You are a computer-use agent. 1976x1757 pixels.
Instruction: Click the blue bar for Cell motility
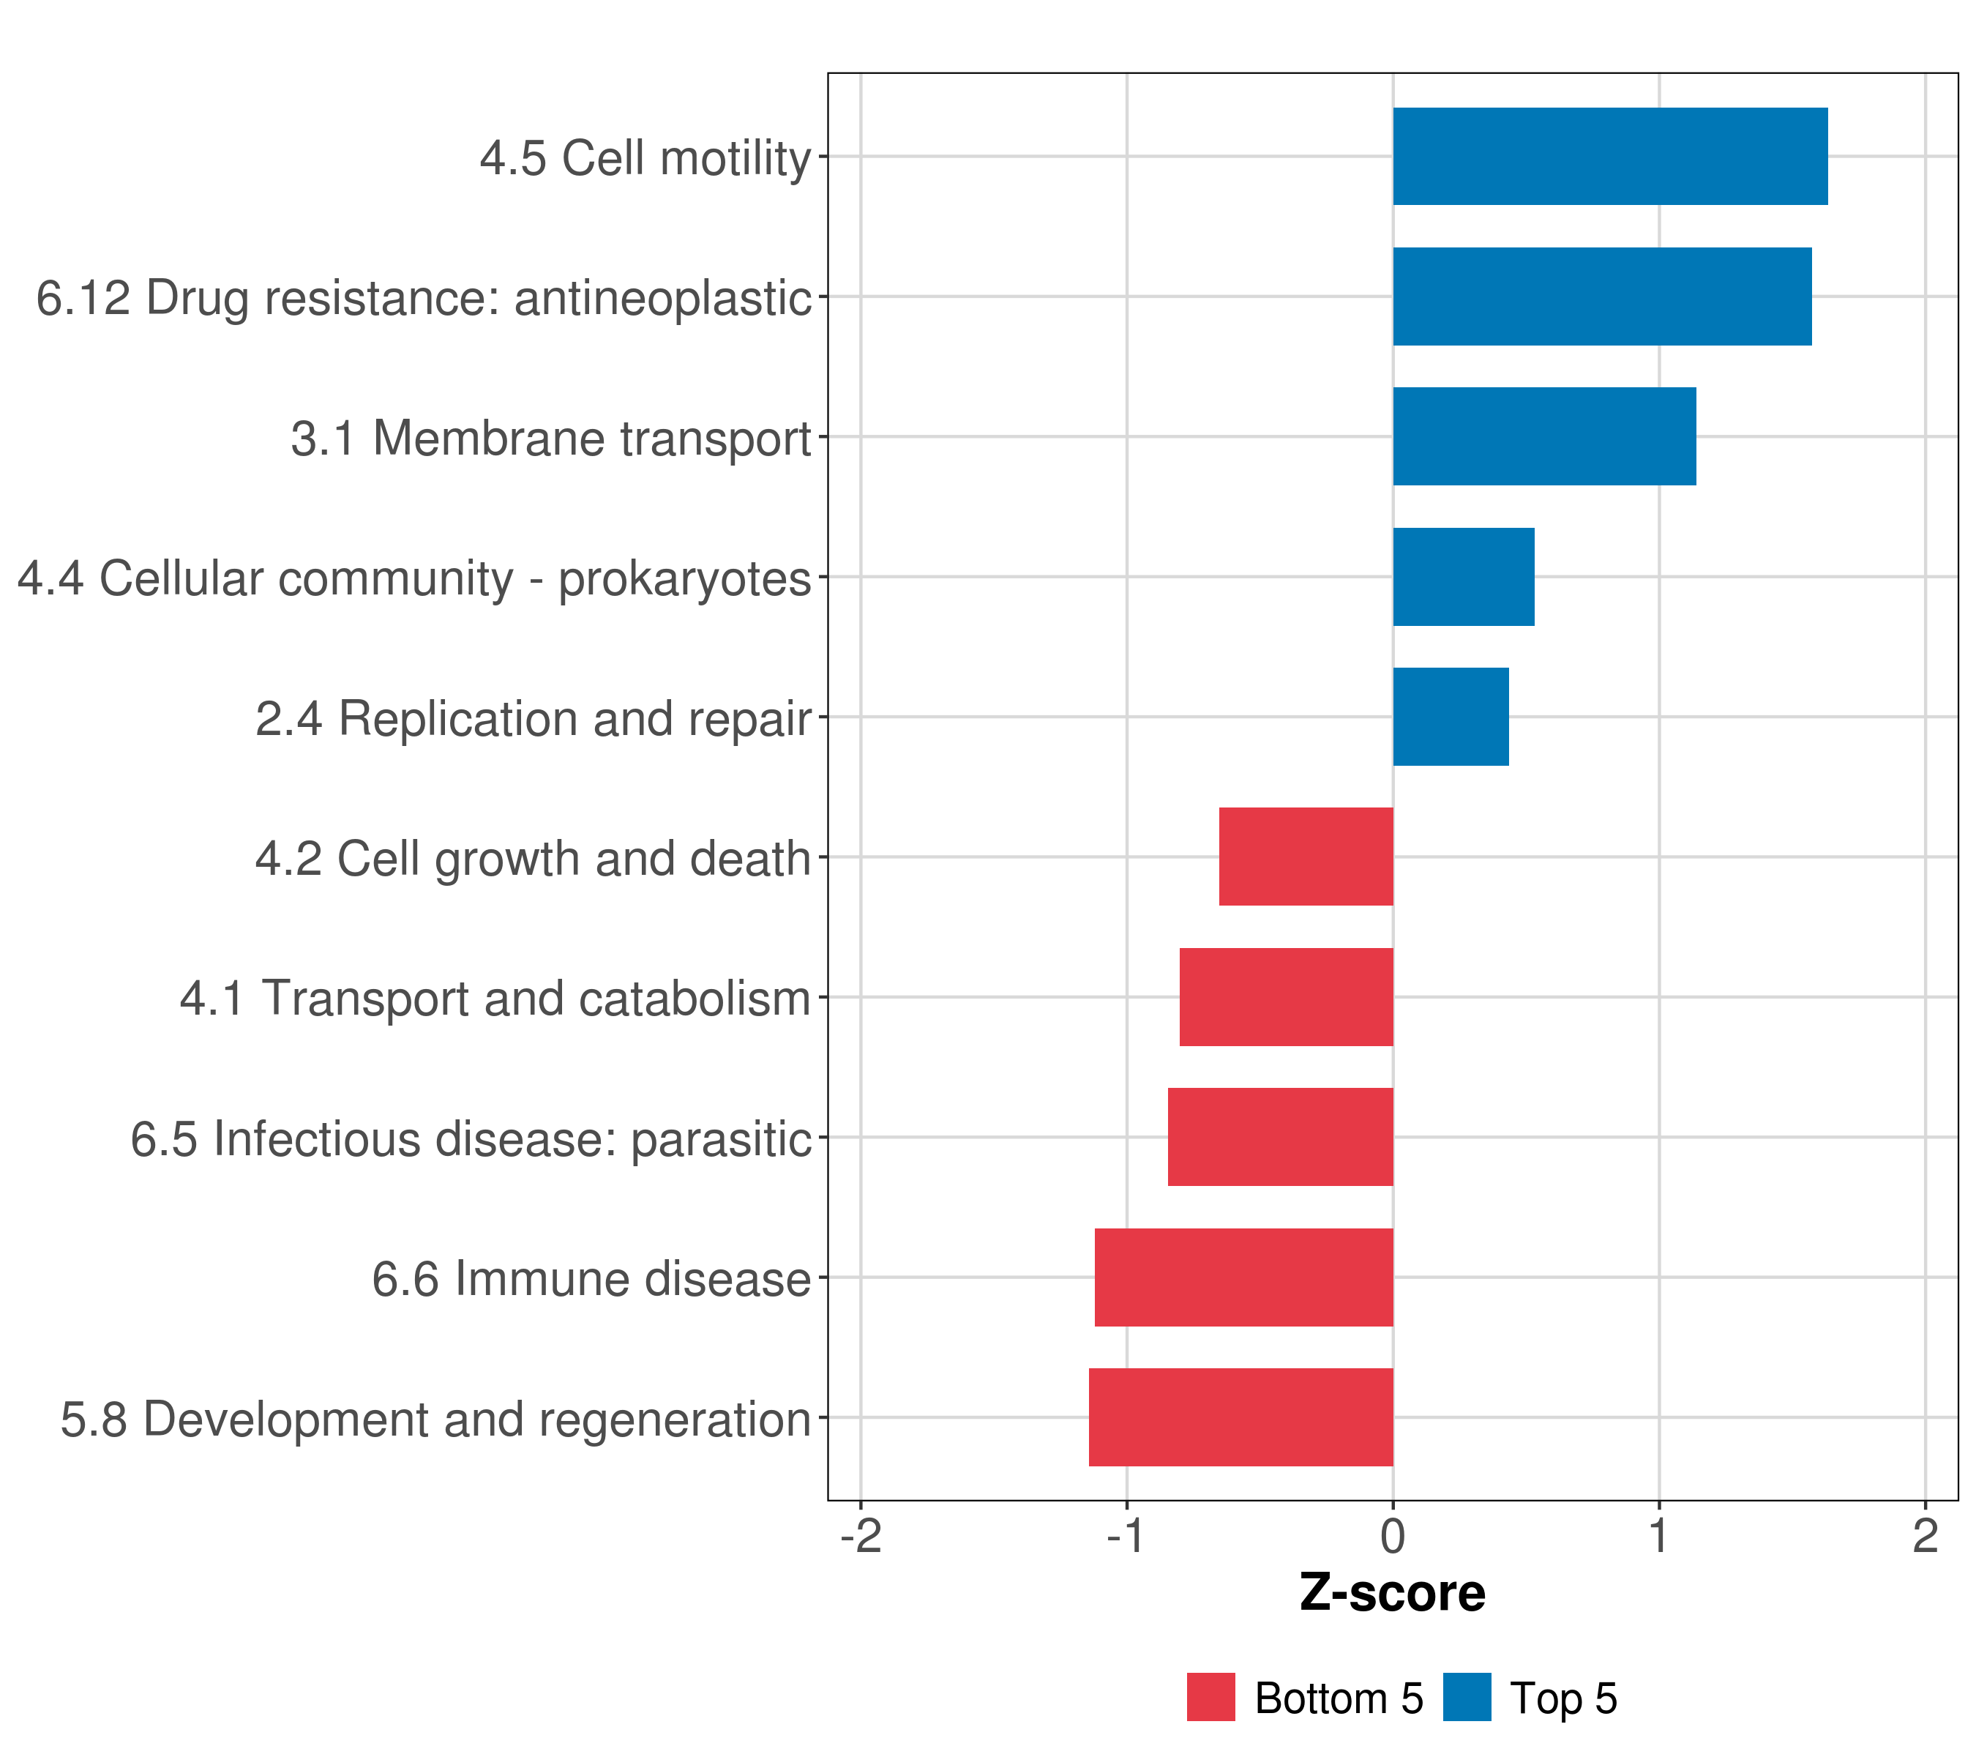click(x=1609, y=157)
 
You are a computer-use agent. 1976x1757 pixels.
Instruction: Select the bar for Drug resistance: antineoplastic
click(x=1602, y=297)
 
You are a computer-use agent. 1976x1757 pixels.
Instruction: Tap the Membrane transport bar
click(x=1544, y=437)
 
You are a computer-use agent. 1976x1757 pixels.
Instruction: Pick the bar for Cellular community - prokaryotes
click(x=1463, y=578)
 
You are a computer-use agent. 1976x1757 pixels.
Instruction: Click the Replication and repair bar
click(x=1450, y=717)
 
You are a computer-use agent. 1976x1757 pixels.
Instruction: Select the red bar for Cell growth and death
click(x=1306, y=857)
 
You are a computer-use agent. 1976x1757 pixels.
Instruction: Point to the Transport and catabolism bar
click(x=1286, y=997)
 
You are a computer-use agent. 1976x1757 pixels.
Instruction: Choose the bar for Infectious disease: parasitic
click(x=1280, y=1137)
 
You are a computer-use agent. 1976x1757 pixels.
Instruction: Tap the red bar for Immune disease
click(x=1243, y=1277)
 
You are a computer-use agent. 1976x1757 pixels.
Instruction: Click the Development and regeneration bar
click(x=1240, y=1417)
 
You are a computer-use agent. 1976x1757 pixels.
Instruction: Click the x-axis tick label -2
click(x=861, y=1537)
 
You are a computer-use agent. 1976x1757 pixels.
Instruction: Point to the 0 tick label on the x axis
click(x=1393, y=1537)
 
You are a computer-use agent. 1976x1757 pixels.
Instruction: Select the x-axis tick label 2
click(x=1925, y=1537)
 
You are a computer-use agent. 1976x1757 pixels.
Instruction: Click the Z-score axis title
click(x=1392, y=1594)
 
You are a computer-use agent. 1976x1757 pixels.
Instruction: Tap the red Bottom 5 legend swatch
click(x=1210, y=1698)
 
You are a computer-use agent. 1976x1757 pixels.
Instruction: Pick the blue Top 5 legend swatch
click(x=1467, y=1698)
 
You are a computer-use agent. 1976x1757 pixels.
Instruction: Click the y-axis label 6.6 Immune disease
click(x=591, y=1279)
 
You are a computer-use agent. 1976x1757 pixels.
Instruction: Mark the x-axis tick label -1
click(x=1126, y=1537)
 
